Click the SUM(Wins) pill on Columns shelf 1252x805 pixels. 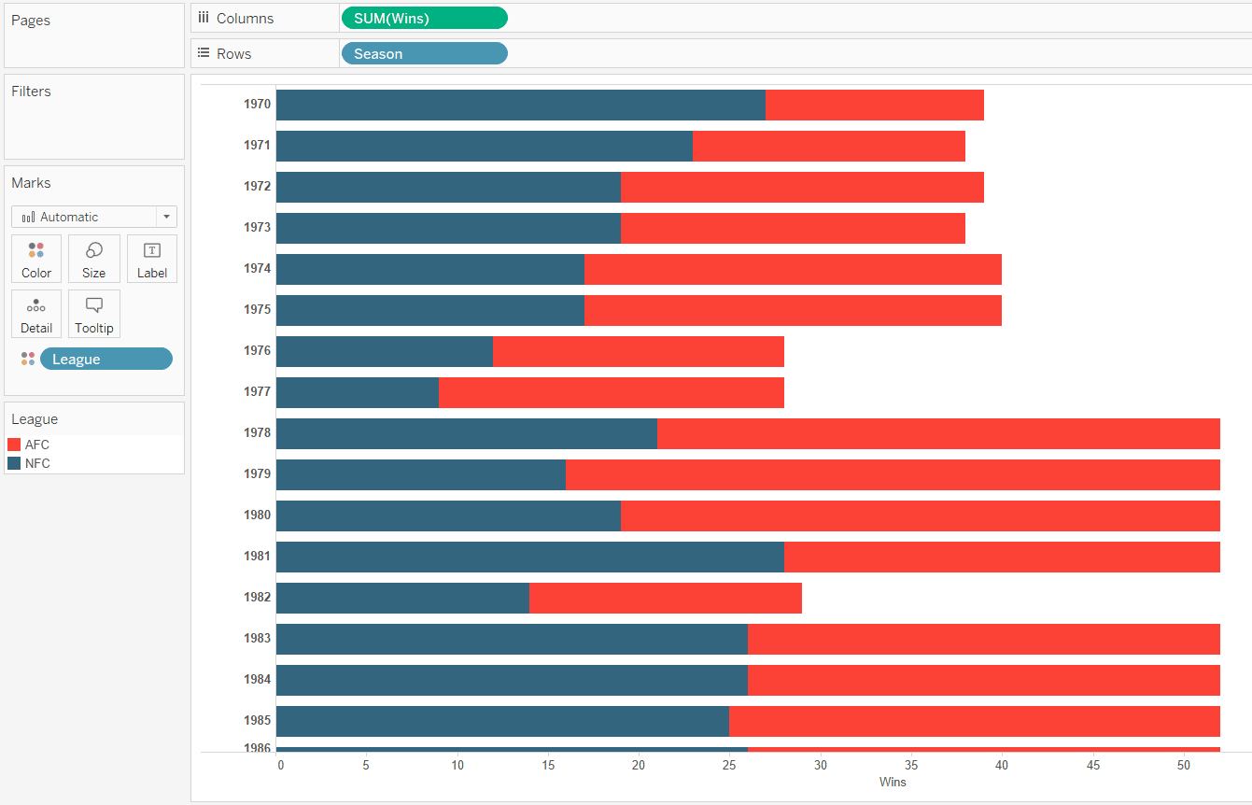(x=424, y=19)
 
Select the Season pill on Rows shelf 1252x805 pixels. (x=424, y=54)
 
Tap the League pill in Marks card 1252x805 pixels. (x=106, y=360)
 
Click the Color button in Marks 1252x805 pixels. (x=36, y=259)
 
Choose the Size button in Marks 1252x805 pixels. (x=93, y=259)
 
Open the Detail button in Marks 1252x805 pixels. (x=36, y=314)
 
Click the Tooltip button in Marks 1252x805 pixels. (x=93, y=314)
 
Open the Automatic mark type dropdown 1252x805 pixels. (x=93, y=217)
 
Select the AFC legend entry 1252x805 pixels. (x=37, y=445)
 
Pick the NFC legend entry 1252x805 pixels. (x=37, y=463)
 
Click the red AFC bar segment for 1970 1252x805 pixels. (x=874, y=105)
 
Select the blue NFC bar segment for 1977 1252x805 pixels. (x=357, y=392)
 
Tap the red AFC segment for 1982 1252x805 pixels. (x=665, y=598)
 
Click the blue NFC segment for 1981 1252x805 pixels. (x=529, y=557)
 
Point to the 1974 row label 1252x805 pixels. (x=258, y=268)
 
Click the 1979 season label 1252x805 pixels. (x=258, y=473)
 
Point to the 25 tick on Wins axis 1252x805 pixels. (x=729, y=765)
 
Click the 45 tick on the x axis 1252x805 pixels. (x=1092, y=765)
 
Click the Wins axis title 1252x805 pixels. (x=893, y=782)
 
